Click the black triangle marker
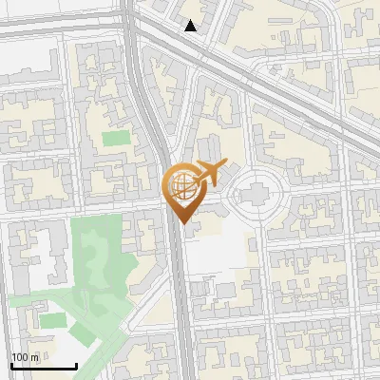(x=191, y=27)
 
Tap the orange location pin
(x=183, y=191)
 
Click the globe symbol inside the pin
(x=181, y=184)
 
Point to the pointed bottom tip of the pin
(x=183, y=223)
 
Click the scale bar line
(x=44, y=366)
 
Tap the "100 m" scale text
(x=26, y=356)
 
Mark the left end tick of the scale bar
(x=11, y=364)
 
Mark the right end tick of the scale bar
(x=76, y=364)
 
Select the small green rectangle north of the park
(x=116, y=139)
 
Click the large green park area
(x=95, y=256)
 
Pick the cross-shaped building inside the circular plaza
(x=255, y=197)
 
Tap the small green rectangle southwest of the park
(x=52, y=321)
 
